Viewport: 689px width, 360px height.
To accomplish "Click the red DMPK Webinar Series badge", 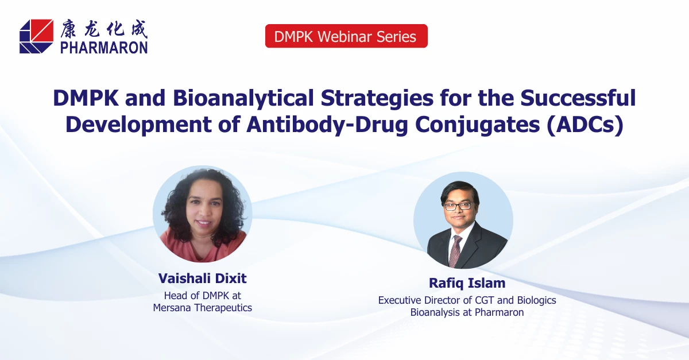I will pyautogui.click(x=346, y=36).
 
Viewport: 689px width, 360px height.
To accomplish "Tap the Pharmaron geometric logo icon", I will pyautogui.click(x=36, y=36).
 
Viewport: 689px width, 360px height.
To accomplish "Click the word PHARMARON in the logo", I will pyautogui.click(x=104, y=47).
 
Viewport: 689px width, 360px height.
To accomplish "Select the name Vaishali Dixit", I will pyautogui.click(x=202, y=278).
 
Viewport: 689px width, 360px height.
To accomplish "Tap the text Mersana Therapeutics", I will pyautogui.click(x=202, y=308).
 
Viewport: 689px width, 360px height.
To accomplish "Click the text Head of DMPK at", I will pyautogui.click(x=202, y=296).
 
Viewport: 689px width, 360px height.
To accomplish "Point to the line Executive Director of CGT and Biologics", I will pyautogui.click(x=467, y=300).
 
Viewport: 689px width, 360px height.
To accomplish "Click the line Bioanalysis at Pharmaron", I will pyautogui.click(x=467, y=312).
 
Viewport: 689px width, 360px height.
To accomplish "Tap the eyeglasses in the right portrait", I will pyautogui.click(x=458, y=206).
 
